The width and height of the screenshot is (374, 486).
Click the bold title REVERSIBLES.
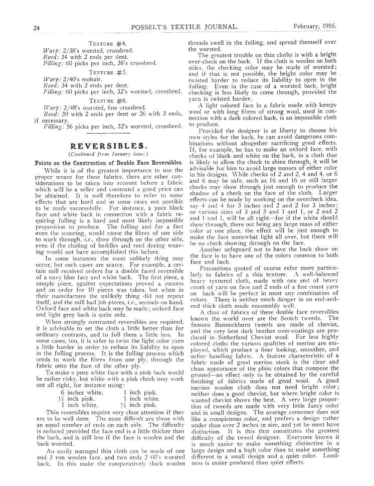click(108, 146)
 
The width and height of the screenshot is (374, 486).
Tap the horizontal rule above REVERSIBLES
click(108, 135)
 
